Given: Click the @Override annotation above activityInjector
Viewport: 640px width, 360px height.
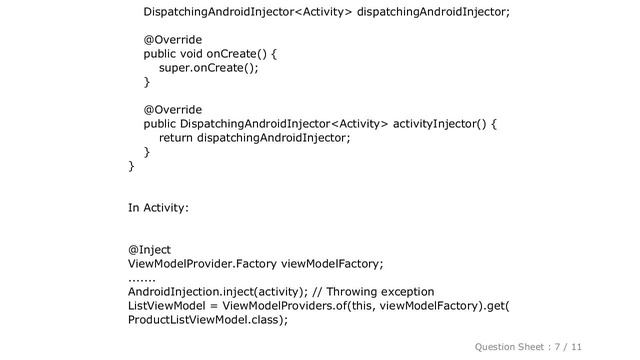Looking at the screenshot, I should coord(173,109).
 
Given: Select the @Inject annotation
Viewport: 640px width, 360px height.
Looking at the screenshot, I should coord(149,249).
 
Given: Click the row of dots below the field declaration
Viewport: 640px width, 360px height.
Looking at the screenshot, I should coord(143,279).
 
